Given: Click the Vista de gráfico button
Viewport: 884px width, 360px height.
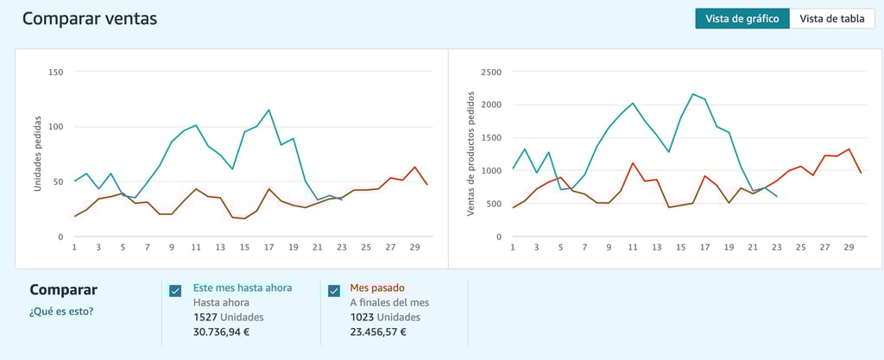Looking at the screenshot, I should pos(742,18).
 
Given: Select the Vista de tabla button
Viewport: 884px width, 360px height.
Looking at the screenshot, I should pos(832,18).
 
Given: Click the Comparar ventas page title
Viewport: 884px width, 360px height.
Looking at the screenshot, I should pos(90,18).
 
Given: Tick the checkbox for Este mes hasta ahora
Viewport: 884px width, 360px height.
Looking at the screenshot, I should pos(175,291).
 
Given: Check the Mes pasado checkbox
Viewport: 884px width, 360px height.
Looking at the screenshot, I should pos(334,291).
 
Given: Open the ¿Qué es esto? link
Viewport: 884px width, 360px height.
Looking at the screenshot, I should pos(61,311).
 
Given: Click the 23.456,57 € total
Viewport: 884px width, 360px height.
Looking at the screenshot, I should pos(379,332).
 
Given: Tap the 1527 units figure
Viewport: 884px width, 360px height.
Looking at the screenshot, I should pos(205,317).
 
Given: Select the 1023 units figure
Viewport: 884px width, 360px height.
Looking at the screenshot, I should pos(363,317).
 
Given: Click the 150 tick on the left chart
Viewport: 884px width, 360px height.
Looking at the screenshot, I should pos(56,72).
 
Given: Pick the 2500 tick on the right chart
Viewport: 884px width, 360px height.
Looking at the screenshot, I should pos(490,72).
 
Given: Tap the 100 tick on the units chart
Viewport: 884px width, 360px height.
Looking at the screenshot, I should pos(56,127).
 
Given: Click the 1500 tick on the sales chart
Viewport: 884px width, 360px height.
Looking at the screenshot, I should pos(490,137).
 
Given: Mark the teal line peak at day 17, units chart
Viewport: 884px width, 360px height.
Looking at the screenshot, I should pos(269,110).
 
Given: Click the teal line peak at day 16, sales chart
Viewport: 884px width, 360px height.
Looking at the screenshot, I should pos(693,94).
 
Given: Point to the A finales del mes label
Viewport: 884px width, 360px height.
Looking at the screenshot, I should pos(389,302).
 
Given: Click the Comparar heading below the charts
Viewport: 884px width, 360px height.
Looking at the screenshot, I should pos(63,290).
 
